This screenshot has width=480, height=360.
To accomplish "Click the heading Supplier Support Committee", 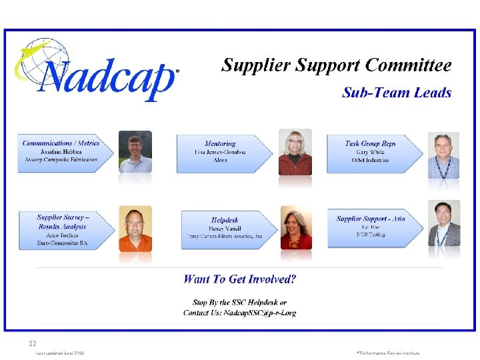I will [x=336, y=65].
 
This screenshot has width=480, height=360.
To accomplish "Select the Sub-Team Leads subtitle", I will [x=397, y=93].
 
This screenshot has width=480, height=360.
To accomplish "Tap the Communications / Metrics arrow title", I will [x=61, y=143].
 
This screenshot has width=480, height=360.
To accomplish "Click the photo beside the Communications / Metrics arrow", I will [x=135, y=152].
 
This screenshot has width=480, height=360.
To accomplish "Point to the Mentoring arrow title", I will [x=220, y=143].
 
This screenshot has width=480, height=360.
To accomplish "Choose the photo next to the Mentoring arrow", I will [x=295, y=152].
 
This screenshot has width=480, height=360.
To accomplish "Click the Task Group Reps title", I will [x=370, y=143].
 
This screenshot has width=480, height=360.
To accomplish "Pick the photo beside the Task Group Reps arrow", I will [x=443, y=156].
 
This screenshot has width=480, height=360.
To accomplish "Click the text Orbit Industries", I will [x=370, y=160].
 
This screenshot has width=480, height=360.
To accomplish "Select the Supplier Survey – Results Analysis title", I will [x=63, y=221].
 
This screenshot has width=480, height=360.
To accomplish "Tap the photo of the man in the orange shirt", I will [x=135, y=229].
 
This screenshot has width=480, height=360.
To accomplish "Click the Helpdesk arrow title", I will [x=225, y=219].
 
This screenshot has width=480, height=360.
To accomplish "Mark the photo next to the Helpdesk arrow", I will [x=296, y=229].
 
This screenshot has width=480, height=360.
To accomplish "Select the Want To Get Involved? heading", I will [x=240, y=279].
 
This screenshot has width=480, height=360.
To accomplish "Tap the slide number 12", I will [x=32, y=343].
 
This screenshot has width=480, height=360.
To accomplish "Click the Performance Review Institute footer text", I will [x=388, y=353].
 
